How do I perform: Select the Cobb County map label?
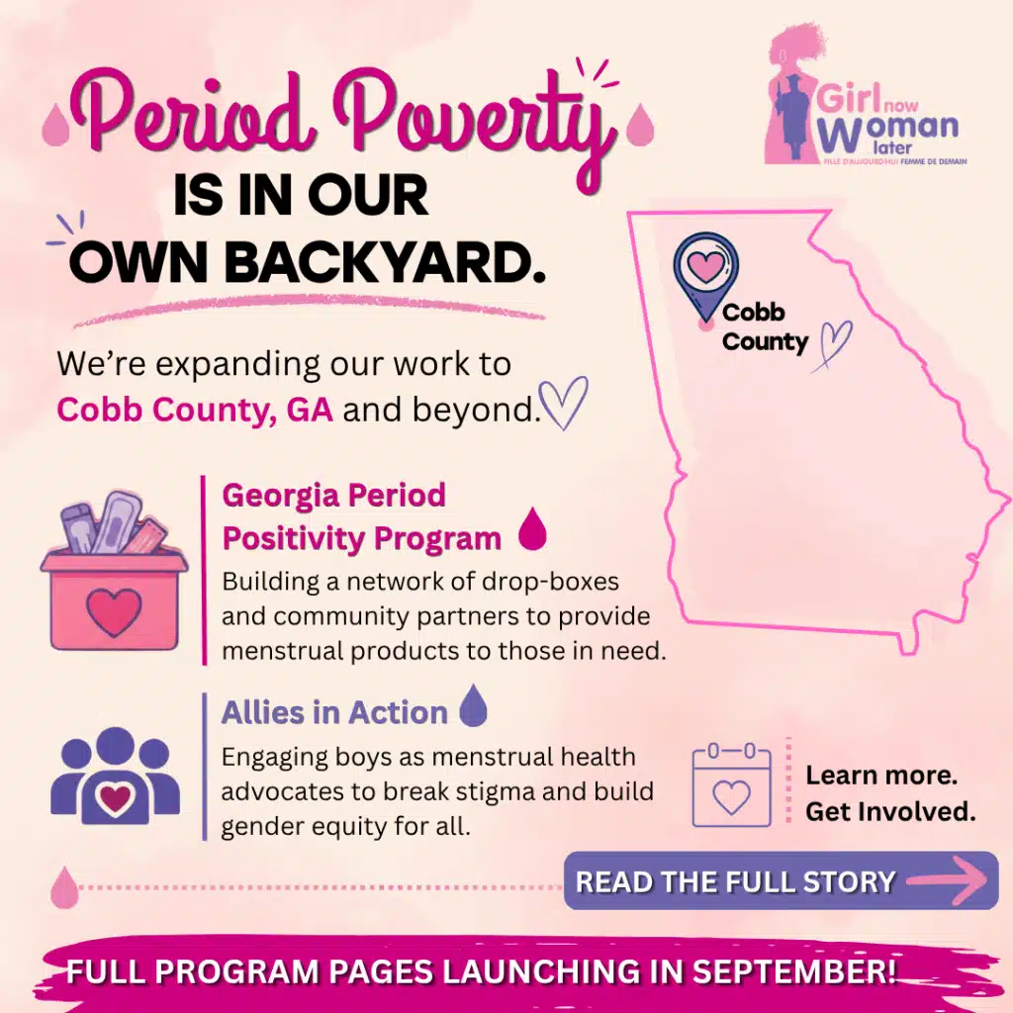coord(765,326)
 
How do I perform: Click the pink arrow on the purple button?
coord(947,879)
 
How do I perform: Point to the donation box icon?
coord(114,571)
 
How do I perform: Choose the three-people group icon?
coord(115,776)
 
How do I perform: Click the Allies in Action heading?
coord(334,712)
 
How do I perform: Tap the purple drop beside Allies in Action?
coord(474,705)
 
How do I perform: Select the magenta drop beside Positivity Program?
coord(533,528)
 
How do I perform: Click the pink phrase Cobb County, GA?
coord(195,410)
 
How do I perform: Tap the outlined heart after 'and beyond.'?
coord(563,402)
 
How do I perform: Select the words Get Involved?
coord(890,811)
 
